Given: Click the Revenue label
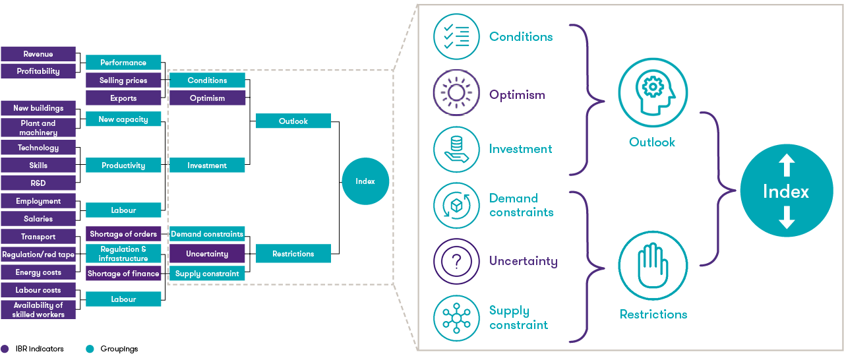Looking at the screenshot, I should pos(38,54).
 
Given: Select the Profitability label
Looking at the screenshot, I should pos(38,71).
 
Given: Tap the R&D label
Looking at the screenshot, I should pos(38,183).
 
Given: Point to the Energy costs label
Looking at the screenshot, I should pos(38,272).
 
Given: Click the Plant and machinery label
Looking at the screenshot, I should pos(38,128).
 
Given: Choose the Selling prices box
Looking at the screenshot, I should pos(123,80).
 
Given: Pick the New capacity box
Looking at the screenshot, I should pos(123,119).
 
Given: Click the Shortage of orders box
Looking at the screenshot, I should pos(123,234).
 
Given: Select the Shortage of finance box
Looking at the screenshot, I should pos(123,274).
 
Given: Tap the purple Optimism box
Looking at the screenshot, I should pos(207,98).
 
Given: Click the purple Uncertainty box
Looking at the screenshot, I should pos(207,254).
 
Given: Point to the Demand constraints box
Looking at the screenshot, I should pos(207,234).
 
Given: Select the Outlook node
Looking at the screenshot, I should pos(293,121).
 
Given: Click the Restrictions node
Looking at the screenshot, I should pos(293,254).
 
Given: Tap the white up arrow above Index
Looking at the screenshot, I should pos(786,165).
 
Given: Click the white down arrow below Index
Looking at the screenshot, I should pos(786,218).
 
